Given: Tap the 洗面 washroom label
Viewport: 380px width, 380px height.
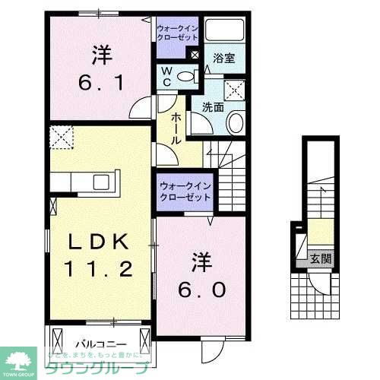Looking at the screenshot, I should (213, 106).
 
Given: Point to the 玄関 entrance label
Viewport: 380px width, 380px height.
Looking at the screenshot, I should (320, 258).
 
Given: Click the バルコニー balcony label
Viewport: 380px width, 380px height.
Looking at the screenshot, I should (94, 344).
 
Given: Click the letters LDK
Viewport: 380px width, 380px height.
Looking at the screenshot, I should (100, 242).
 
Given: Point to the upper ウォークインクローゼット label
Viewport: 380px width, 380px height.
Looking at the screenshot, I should (177, 32).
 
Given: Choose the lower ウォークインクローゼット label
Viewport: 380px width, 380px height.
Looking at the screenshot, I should (185, 191).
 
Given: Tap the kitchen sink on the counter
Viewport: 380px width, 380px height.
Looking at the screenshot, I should (100, 182).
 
